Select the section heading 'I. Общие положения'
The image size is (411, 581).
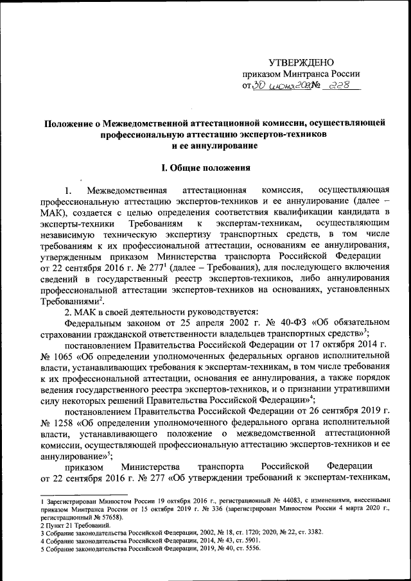(x=205, y=169)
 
